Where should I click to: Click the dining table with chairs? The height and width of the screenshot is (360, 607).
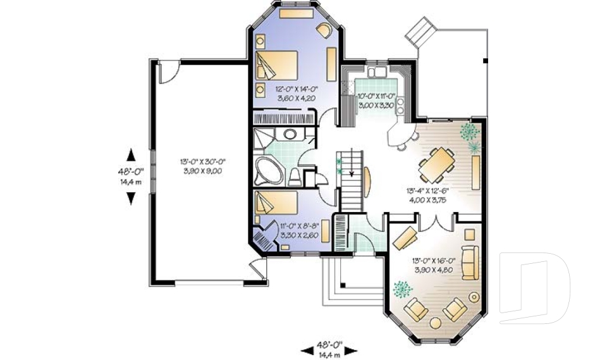(437, 164)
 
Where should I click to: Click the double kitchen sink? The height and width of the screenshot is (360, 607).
(376, 71)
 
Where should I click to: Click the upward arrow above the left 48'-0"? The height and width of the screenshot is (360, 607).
(132, 154)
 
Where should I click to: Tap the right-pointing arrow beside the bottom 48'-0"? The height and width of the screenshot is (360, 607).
(350, 351)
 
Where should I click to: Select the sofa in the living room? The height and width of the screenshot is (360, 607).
(470, 263)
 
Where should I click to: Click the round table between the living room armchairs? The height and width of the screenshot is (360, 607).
(436, 323)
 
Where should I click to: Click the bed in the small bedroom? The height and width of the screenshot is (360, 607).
(276, 202)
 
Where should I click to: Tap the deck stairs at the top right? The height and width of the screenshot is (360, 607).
(420, 32)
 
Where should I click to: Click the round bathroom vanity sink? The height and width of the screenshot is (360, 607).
(290, 135)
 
